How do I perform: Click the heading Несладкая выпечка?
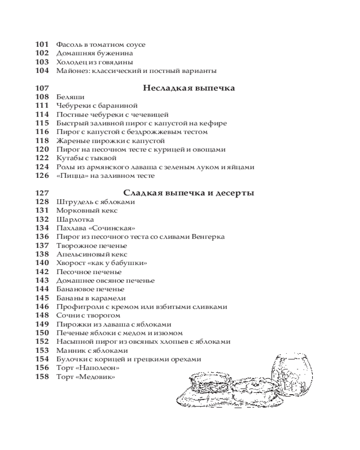pyautogui.click(x=189, y=88)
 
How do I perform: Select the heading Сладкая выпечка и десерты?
pyautogui.click(x=189, y=193)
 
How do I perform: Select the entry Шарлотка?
pyautogui.click(x=75, y=219)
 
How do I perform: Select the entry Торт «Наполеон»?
pyautogui.click(x=88, y=368)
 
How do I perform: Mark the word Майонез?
pyautogui.click(x=71, y=71)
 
